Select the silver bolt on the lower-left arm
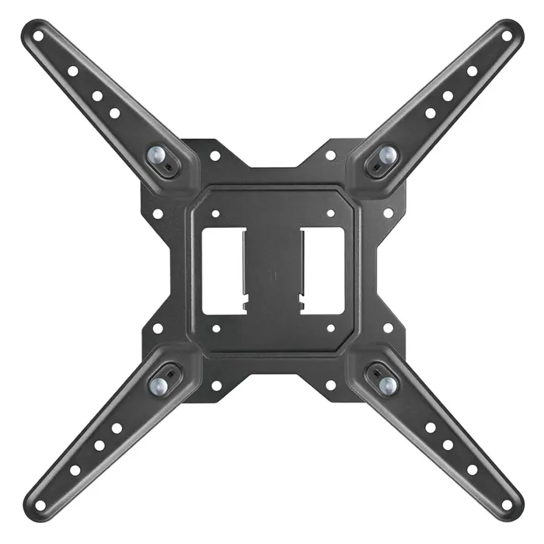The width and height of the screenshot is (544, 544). (x=158, y=384)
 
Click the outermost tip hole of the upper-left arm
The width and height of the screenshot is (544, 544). (x=37, y=35)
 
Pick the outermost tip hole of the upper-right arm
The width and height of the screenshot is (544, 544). (x=507, y=35)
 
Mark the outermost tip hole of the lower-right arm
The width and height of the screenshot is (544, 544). (x=507, y=505)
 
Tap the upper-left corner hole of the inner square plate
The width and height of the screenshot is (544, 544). (x=215, y=211)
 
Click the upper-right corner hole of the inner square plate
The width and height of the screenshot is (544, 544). (x=330, y=211)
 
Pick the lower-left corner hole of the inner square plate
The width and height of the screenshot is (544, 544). (x=215, y=328)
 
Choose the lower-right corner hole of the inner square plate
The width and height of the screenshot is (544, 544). (x=330, y=328)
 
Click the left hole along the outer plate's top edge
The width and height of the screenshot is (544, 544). (x=215, y=155)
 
